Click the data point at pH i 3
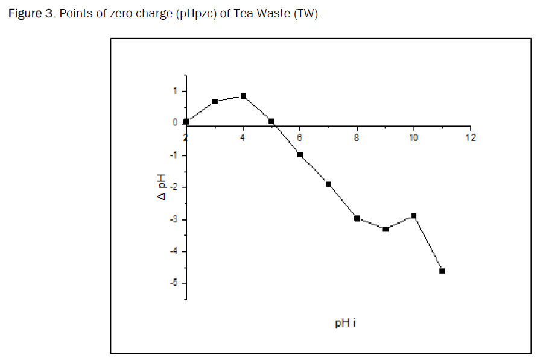215,102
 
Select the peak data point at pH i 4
243,96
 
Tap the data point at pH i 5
271,121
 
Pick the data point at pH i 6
300,155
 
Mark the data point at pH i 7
328,184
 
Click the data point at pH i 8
357,218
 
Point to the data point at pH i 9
385,229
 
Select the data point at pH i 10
414,216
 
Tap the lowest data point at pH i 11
442,271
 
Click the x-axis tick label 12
471,137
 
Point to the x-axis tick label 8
357,137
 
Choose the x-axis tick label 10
414,137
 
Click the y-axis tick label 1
175,91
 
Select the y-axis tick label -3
174,219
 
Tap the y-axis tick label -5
174,283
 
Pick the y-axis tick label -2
174,187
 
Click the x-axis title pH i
345,323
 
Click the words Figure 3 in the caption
30,14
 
